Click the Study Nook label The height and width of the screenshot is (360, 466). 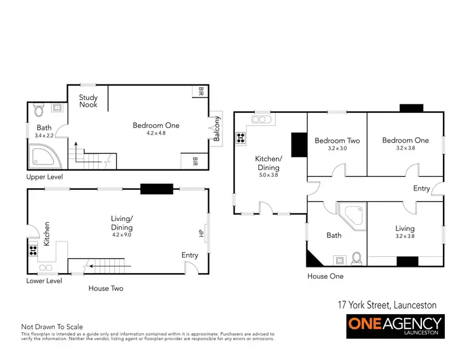coord(89,101)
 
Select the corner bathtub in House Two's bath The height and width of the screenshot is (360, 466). coord(42,157)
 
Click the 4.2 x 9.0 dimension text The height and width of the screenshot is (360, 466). coord(122,235)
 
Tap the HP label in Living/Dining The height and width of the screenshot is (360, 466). coord(201,233)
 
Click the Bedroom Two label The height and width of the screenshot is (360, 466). coord(337,141)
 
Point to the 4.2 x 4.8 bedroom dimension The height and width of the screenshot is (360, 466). coord(155,133)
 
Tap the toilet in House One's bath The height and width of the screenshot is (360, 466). coord(357,258)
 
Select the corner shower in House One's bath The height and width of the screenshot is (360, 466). coord(353,216)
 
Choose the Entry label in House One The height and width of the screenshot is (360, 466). coord(421,189)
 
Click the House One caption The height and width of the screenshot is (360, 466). coord(326,276)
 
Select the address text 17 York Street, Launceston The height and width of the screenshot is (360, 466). coord(386,305)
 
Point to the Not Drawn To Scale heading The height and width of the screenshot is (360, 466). coord(52,326)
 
